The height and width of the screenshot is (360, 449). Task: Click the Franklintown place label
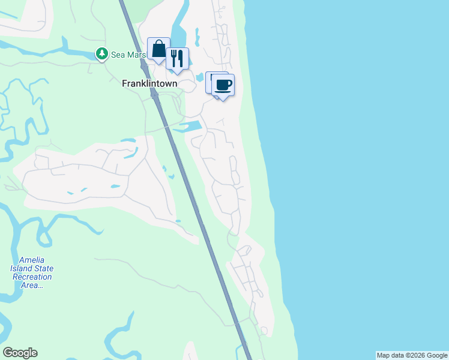click(149, 84)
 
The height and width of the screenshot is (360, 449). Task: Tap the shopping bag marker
click(158, 49)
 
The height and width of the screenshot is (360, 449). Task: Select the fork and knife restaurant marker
click(177, 58)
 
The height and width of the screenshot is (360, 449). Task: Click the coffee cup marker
click(223, 85)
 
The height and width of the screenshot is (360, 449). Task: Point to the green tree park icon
click(102, 55)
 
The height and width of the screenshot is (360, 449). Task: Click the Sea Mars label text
click(128, 55)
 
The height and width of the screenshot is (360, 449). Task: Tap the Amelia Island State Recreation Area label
click(36, 272)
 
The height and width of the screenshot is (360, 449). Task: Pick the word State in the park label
click(43, 268)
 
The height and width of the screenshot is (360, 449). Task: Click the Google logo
click(20, 353)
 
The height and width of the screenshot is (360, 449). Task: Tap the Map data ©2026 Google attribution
click(412, 355)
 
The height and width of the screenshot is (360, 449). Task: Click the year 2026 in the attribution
click(413, 355)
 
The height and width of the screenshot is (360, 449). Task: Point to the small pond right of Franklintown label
click(199, 77)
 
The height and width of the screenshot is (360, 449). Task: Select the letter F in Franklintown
click(124, 84)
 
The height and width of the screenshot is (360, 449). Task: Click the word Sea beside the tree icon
click(118, 55)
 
